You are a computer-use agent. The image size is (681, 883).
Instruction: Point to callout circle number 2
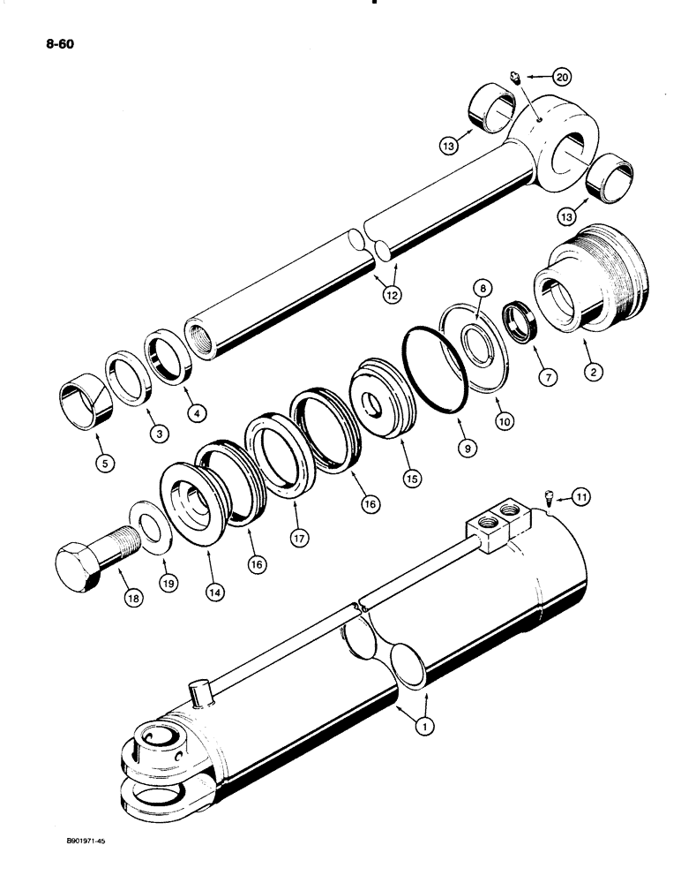click(x=593, y=373)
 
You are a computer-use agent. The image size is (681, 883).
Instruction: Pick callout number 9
click(x=468, y=448)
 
